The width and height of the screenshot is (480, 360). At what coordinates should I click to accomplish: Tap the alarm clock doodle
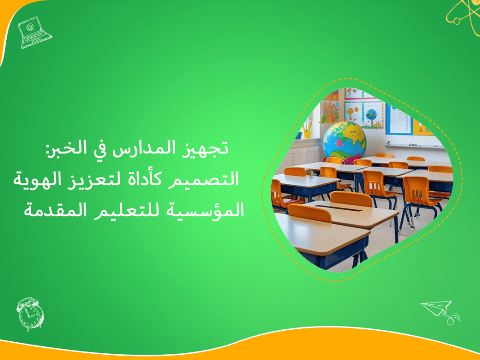pos(30,313)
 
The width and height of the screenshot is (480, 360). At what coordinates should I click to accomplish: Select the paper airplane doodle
pos(439,310)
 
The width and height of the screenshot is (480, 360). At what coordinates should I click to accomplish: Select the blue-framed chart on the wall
pos(398,119)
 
